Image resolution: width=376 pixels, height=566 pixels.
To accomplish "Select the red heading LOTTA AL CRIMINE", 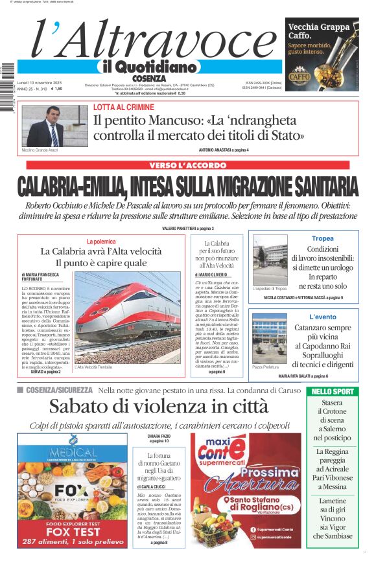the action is point(123,108).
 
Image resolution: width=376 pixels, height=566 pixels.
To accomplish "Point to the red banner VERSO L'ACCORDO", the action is point(187,165).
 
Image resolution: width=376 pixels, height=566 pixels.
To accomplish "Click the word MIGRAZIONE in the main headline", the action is point(246,186).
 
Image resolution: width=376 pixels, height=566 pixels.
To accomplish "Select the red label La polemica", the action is point(101,241).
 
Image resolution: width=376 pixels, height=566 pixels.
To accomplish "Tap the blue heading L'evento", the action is point(322,317).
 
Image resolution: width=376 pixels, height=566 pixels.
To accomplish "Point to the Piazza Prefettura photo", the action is point(270,338).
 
